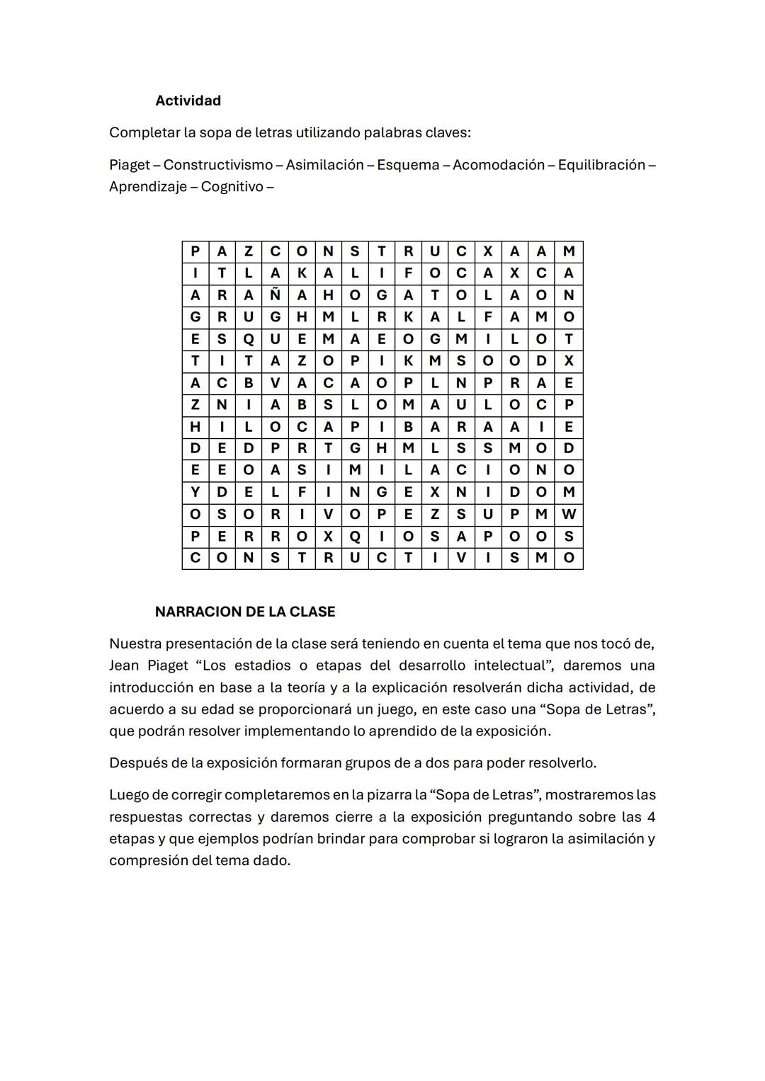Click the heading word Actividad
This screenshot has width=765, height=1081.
188,101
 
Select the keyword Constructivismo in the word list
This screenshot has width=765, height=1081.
217,165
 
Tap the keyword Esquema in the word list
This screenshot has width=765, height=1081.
408,165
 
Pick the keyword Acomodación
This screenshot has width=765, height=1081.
499,165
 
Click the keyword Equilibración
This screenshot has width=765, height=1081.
601,165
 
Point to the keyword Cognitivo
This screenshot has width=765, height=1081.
232,187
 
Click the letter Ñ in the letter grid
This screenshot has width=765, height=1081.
275,295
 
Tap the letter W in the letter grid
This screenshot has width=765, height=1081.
569,514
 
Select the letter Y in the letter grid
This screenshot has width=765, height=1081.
195,492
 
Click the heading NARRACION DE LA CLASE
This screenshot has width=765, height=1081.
245,612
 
